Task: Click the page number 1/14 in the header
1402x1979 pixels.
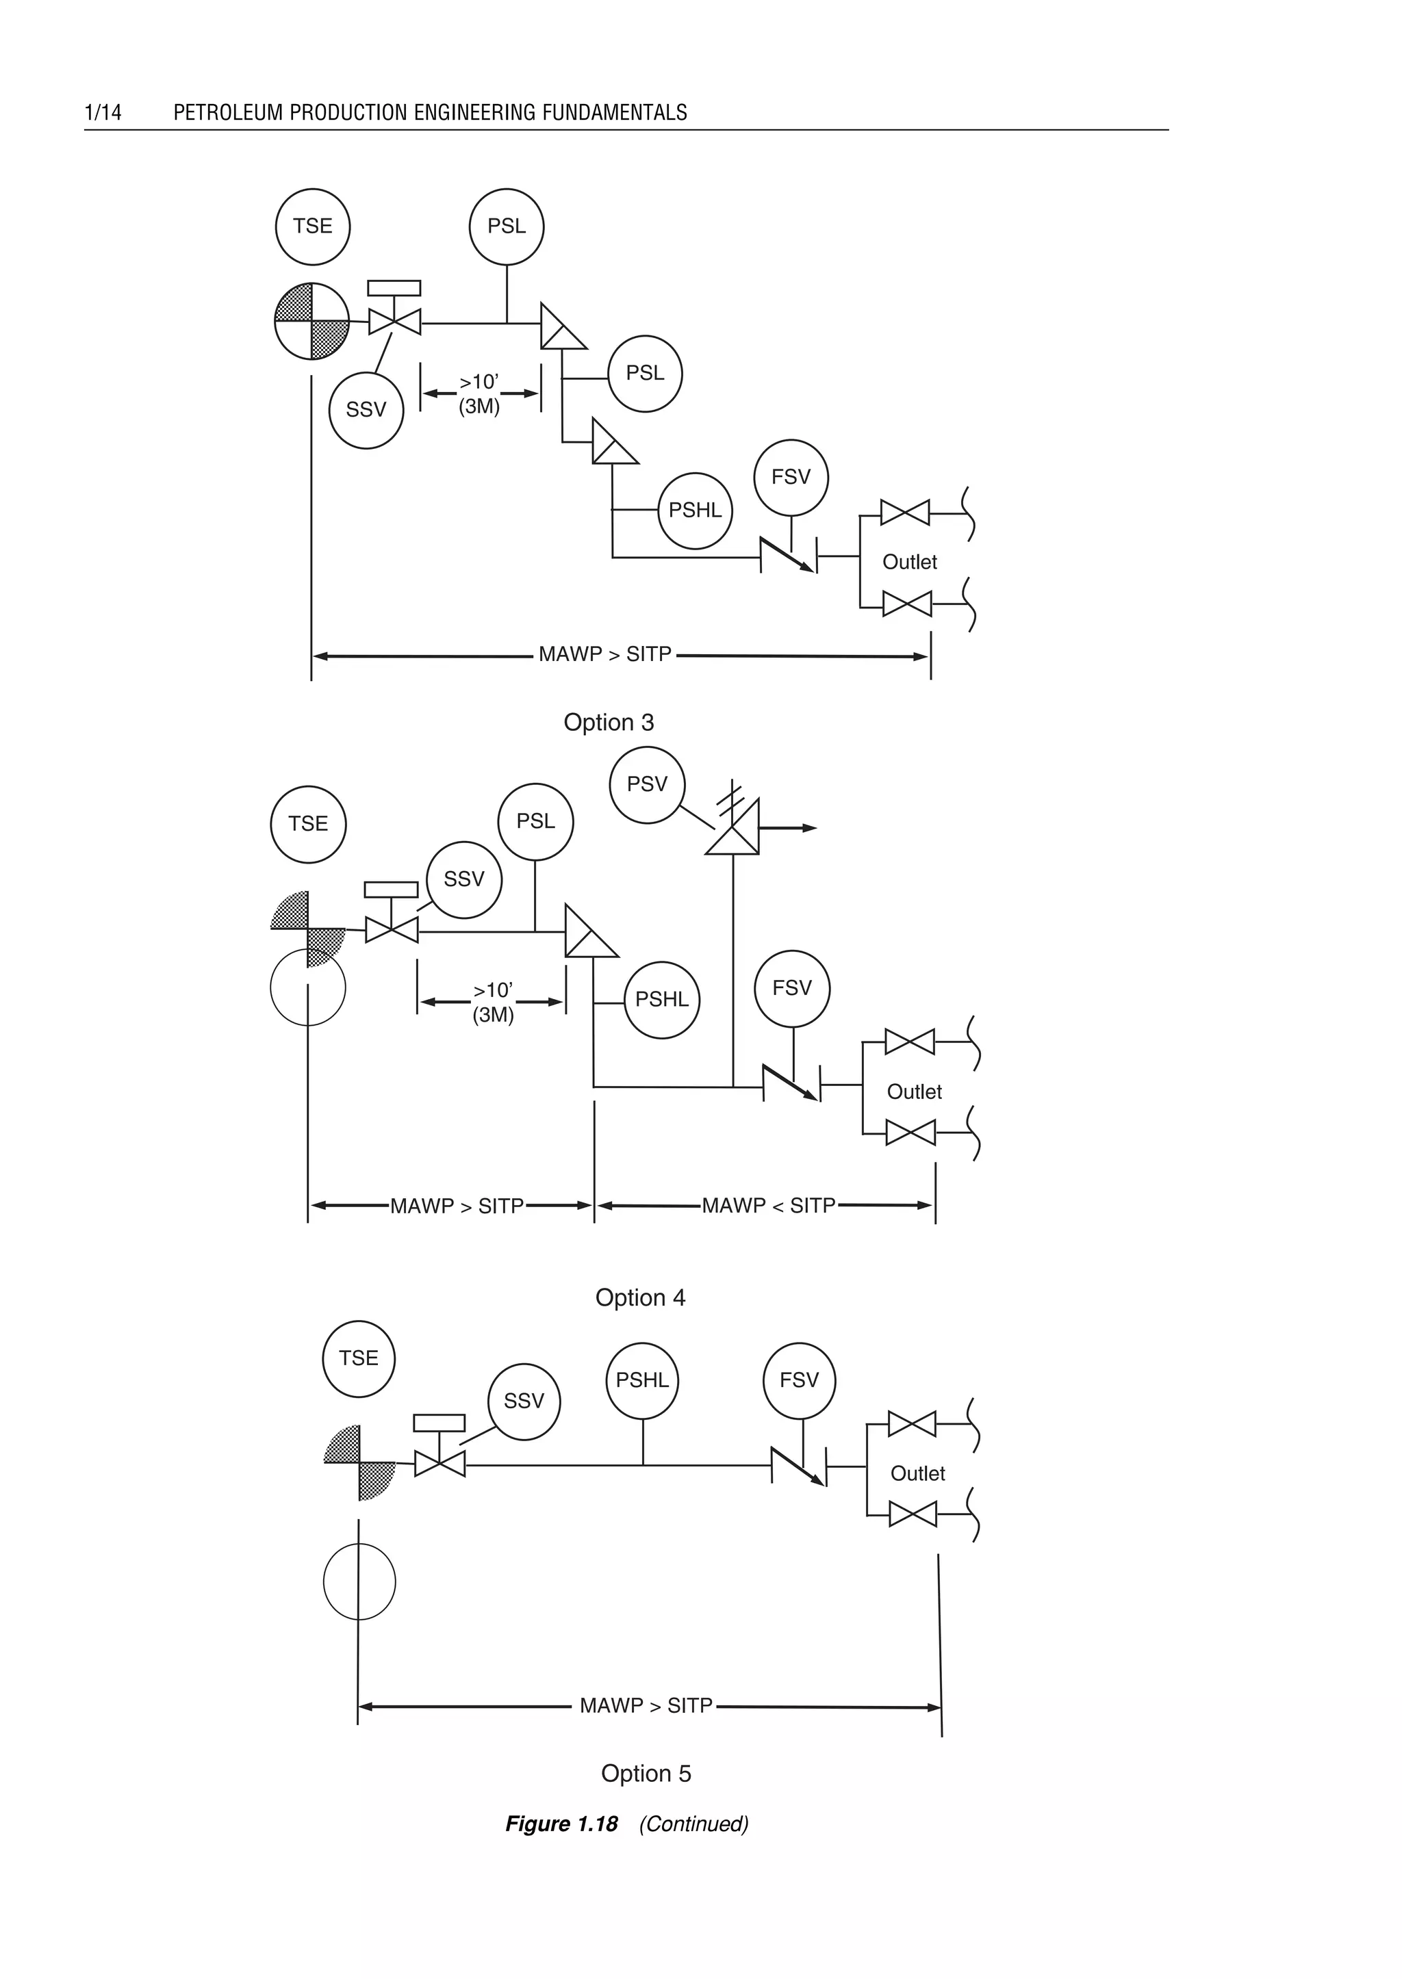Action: (103, 112)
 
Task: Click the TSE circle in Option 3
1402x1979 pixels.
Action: (313, 226)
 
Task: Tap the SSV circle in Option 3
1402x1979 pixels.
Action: (366, 410)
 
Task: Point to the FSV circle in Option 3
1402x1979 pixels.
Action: (791, 477)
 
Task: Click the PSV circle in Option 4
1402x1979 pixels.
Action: (648, 784)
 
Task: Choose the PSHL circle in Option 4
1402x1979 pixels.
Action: (662, 1000)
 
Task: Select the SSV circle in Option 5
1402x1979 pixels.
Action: (524, 1401)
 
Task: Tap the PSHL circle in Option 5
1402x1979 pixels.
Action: (642, 1381)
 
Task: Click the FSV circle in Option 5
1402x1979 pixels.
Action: (800, 1381)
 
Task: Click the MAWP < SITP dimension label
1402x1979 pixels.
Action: (768, 1206)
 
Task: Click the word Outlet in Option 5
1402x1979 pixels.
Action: (918, 1474)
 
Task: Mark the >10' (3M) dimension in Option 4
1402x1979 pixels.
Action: (493, 1002)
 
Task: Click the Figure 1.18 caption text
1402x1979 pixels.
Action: (562, 1824)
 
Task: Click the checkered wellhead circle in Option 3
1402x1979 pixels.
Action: (311, 321)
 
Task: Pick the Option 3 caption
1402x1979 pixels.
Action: (609, 723)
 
